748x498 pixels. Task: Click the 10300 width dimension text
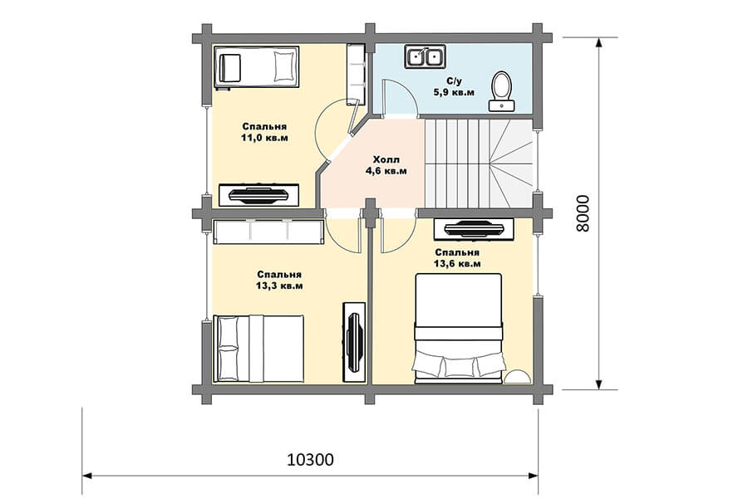point(311,459)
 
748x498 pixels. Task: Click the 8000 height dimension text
point(583,213)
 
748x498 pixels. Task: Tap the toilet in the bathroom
point(501,90)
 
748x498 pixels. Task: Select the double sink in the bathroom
point(425,56)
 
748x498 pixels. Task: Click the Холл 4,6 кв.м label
point(386,165)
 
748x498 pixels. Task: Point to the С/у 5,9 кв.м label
point(454,86)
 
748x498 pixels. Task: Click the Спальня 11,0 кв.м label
point(264,132)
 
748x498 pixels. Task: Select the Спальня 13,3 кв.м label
point(279,281)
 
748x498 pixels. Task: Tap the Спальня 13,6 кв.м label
point(457,258)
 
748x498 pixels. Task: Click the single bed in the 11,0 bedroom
point(256,67)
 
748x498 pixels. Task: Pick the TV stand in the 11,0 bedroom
point(259,195)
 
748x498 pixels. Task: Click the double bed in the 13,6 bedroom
point(459,328)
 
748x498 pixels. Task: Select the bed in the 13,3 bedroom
point(258,349)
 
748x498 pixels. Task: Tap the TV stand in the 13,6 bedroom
point(474,230)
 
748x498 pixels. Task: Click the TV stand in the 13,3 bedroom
point(354,342)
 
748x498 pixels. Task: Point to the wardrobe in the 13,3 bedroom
point(268,232)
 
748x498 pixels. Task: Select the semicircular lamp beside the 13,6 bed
point(518,376)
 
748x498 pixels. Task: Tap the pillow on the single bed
point(283,66)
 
